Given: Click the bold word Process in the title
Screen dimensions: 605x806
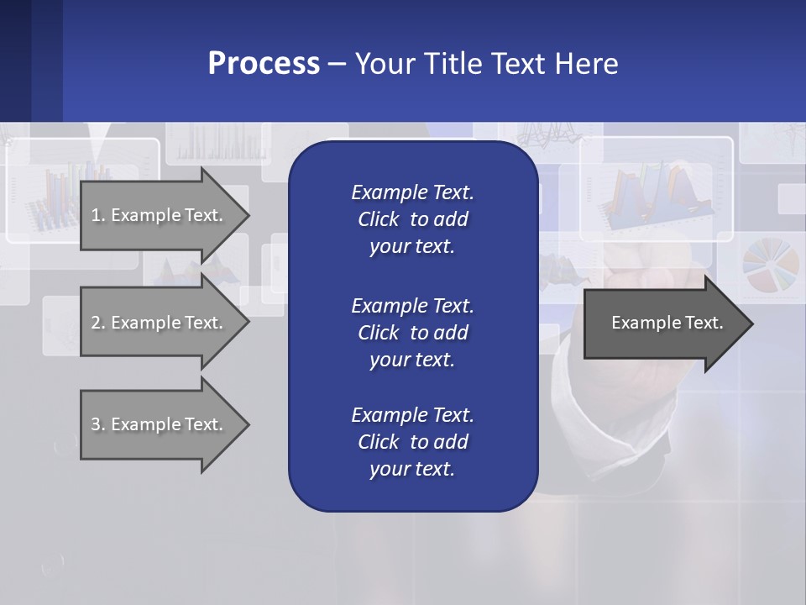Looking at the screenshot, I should click(264, 64).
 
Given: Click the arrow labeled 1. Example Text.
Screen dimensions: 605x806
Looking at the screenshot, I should click(157, 215).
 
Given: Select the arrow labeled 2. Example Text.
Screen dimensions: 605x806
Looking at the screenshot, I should click(157, 323).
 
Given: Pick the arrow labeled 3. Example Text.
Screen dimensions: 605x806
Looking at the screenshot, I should click(157, 424).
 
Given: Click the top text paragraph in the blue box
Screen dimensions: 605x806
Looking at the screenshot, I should click(412, 219).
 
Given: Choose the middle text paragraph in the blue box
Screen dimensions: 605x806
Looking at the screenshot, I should click(412, 332).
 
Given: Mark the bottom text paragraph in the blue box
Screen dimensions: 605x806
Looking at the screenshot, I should click(412, 441).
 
